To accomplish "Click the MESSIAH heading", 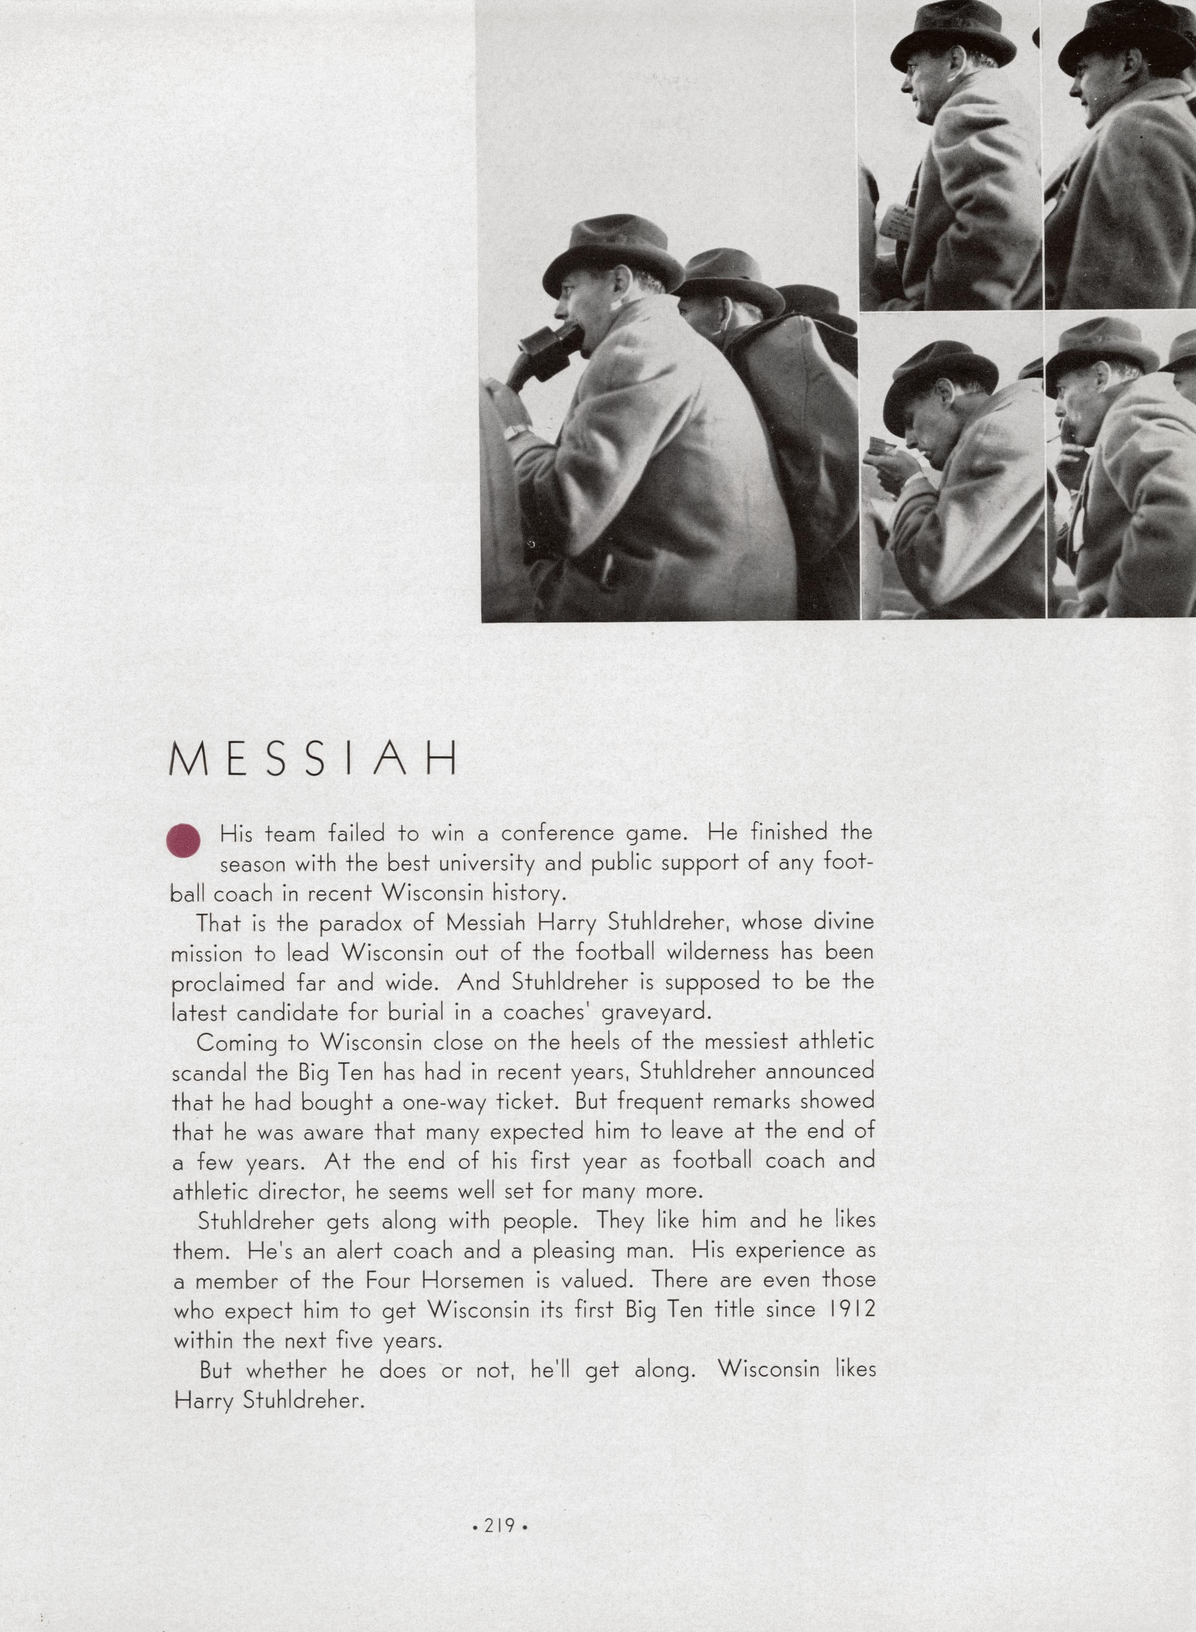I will (313, 759).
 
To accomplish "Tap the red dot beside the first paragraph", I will (183, 841).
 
